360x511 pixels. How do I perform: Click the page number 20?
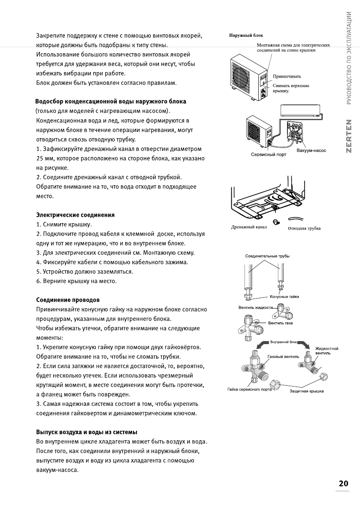(343, 483)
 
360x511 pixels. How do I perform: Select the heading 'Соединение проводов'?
(68, 299)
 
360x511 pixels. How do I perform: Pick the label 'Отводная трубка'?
(304, 228)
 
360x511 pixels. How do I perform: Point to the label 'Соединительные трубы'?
(267, 256)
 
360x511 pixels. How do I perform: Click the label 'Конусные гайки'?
(285, 296)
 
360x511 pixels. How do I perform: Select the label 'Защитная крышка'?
(306, 391)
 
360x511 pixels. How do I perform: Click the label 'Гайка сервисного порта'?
(250, 389)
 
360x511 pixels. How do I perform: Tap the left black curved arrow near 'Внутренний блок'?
(262, 346)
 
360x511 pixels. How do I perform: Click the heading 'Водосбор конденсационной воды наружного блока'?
(111, 102)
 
